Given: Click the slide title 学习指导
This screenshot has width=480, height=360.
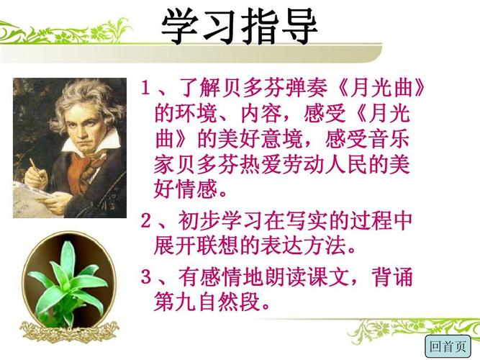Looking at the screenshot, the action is [239, 26].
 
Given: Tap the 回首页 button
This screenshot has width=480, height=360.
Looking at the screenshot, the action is [448, 346].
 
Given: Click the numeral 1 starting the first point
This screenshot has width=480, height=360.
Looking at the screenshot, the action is [145, 89].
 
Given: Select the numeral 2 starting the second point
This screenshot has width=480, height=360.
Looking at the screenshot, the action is [145, 220].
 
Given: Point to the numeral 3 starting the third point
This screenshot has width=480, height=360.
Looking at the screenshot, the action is [145, 276].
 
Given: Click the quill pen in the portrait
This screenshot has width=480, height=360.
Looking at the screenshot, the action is [35, 168].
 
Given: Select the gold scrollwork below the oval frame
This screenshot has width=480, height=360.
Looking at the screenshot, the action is [69, 333].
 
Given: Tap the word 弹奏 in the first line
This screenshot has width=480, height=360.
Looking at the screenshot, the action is [306, 89].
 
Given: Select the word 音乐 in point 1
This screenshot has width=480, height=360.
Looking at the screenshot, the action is [389, 139].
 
